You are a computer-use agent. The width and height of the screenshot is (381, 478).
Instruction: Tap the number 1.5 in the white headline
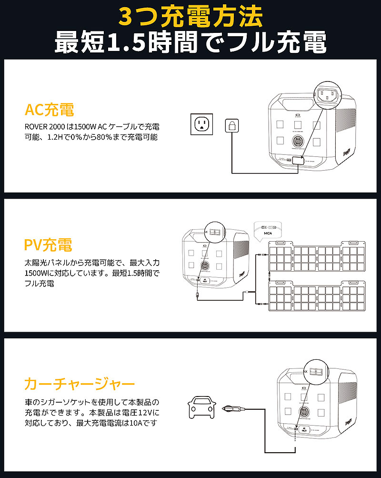click(122, 43)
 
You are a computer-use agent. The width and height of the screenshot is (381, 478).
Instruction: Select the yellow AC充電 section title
click(49, 111)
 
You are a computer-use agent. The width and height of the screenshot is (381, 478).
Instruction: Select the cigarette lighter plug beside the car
click(233, 408)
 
